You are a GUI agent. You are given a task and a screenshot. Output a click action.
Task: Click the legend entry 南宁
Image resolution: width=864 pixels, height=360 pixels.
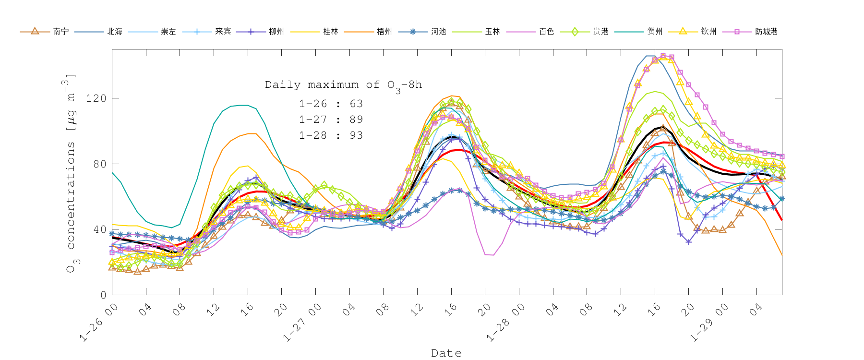(60, 32)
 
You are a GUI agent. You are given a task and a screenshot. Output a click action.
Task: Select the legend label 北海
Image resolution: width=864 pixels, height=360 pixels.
(114, 32)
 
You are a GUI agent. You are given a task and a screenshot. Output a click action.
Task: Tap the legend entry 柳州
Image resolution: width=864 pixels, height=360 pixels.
(276, 32)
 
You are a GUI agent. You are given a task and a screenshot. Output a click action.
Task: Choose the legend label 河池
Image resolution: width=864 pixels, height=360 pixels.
(438, 32)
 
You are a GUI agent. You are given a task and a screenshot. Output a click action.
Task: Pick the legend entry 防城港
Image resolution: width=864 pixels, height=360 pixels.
(766, 32)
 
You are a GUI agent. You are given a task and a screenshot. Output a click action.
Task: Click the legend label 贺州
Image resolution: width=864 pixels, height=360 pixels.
(654, 32)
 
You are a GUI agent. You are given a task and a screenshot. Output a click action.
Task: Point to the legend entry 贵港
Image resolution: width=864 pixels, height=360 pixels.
(600, 32)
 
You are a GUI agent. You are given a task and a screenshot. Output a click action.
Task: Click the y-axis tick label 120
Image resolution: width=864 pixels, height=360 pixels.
(96, 98)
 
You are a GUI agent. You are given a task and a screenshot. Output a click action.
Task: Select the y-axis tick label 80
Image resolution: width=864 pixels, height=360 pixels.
(100, 164)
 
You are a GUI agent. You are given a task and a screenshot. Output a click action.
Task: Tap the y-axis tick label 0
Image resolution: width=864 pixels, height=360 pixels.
(103, 295)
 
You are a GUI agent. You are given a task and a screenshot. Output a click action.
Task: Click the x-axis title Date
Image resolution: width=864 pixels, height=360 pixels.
(446, 353)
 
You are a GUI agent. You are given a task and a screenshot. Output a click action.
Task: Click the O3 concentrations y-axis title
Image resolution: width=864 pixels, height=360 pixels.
(71, 173)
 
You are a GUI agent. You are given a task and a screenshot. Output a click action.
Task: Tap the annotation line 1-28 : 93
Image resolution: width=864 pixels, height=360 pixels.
(331, 135)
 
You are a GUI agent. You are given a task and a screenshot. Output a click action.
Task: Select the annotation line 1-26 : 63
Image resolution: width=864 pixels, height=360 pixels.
(331, 104)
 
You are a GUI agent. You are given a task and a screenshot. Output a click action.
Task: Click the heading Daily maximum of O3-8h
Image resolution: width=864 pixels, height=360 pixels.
(343, 85)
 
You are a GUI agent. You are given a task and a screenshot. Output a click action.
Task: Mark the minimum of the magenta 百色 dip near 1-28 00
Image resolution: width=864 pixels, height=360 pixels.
(490, 255)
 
